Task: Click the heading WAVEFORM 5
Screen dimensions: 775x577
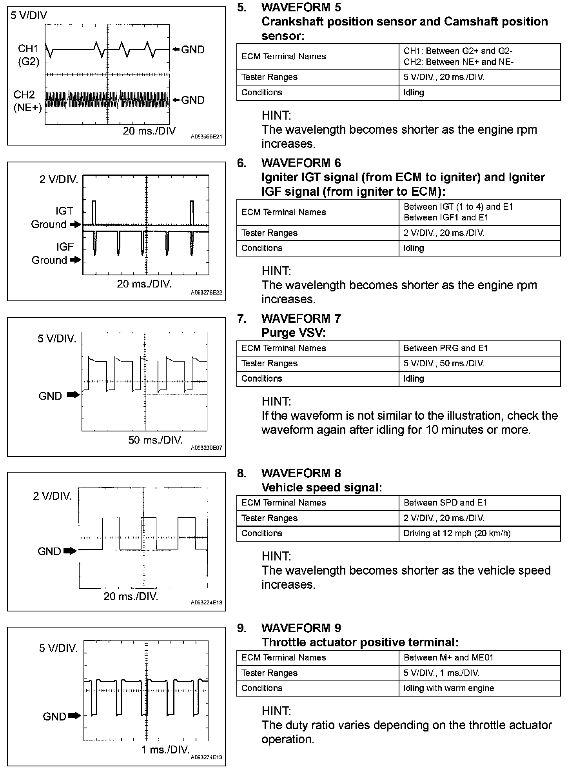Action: [x=301, y=7]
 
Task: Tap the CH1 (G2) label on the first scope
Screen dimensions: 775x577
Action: [x=28, y=55]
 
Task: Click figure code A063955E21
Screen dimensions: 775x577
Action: [x=206, y=137]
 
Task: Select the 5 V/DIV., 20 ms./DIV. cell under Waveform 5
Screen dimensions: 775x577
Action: [x=444, y=77]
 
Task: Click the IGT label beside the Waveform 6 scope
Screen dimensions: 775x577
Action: [x=64, y=211]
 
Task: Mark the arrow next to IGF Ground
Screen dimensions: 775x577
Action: [x=75, y=260]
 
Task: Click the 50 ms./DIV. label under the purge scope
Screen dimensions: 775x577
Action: [x=155, y=440]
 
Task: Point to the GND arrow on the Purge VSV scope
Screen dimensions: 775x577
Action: [x=73, y=395]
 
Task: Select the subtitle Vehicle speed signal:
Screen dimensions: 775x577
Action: [x=321, y=488]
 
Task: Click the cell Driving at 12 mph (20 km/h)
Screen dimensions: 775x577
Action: [x=457, y=533]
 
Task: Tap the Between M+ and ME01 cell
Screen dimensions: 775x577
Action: [x=448, y=658]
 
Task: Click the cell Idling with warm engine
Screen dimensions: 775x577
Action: [x=448, y=688]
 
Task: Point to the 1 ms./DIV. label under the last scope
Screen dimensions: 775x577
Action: [x=165, y=750]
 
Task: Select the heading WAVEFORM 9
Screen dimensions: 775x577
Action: [x=301, y=628]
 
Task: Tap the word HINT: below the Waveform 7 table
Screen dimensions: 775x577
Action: [x=276, y=402]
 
